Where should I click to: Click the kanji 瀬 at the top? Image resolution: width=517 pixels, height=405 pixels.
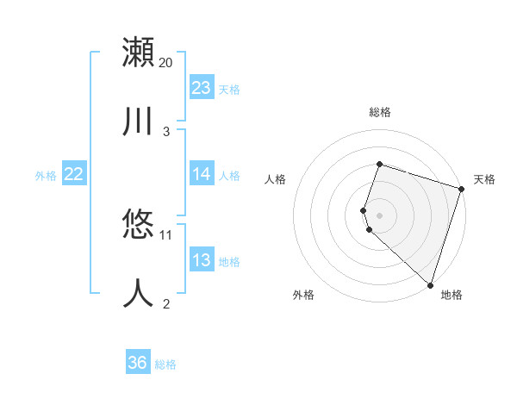coord(138,52)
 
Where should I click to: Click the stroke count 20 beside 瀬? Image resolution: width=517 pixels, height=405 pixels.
coord(166,63)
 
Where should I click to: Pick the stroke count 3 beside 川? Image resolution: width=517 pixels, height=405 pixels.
coord(166,132)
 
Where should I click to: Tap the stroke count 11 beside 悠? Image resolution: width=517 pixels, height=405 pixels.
coord(166,234)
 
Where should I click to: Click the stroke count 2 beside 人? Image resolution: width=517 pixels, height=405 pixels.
coord(166,304)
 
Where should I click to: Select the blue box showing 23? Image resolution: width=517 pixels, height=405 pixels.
coord(202,88)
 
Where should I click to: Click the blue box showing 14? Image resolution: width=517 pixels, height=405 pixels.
coord(202,174)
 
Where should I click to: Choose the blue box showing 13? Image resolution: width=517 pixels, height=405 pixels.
coord(202,260)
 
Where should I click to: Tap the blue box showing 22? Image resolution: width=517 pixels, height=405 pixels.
coord(74,174)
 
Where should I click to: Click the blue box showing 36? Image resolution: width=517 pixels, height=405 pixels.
coord(138,363)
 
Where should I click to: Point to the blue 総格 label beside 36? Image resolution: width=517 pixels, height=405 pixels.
coord(166,364)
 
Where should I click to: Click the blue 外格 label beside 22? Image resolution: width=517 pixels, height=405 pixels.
coord(46,176)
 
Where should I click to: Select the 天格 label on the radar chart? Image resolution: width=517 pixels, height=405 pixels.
coord(484,179)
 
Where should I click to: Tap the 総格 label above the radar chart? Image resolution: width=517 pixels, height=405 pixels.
coord(379,112)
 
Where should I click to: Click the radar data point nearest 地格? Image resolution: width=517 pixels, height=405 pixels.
coord(430,284)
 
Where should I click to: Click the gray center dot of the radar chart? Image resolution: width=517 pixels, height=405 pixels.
coord(379,214)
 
